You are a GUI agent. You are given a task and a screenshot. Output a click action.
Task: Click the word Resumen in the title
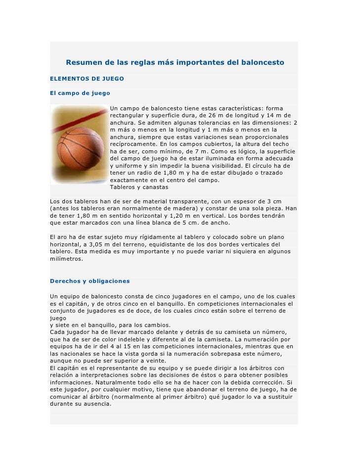84,63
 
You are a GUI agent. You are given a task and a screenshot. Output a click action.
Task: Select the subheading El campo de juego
80,93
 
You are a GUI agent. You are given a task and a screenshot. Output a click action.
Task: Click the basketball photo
79,144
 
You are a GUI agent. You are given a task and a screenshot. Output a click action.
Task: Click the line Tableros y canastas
139,187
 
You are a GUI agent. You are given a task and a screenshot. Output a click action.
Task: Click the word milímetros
66,259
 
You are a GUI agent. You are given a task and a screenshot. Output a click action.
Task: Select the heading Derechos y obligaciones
90,281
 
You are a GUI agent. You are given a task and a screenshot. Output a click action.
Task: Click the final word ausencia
97,403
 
